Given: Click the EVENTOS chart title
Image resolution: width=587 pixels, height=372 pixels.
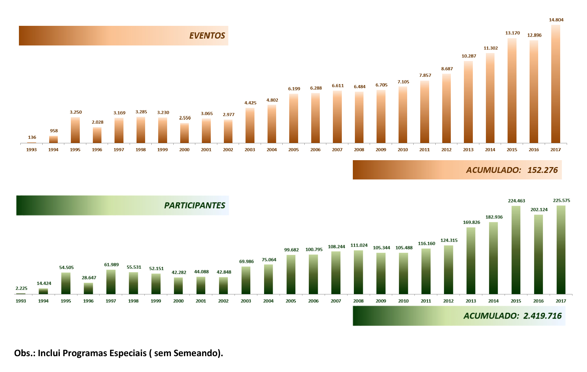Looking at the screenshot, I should point(207,35).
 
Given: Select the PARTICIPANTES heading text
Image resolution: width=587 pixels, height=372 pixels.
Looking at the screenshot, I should point(195,205).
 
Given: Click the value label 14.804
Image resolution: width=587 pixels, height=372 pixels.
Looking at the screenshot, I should point(556,20).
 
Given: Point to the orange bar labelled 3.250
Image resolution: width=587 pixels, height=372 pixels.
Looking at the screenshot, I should point(75,130).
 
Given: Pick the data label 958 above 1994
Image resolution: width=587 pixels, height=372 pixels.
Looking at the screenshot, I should point(54,131).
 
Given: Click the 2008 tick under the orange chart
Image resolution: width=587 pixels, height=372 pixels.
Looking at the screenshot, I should point(359,150).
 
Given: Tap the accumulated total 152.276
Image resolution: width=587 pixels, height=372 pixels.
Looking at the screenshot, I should point(542,170).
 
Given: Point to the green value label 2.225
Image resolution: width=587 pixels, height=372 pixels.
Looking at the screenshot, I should point(21,289).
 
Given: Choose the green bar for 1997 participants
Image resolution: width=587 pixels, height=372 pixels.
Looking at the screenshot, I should point(111,282).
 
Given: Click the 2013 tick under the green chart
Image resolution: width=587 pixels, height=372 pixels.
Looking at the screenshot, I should point(471,301).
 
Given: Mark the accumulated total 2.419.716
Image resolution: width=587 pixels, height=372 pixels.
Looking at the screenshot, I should point(542,316).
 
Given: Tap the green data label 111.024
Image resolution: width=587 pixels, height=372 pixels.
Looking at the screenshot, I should point(359,246).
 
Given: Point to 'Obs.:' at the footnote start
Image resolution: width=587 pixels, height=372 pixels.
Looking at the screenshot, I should point(25,353).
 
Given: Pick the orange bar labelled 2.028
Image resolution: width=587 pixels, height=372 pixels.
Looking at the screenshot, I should point(97,135).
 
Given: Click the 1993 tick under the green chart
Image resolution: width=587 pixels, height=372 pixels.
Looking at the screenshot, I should point(21,301).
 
